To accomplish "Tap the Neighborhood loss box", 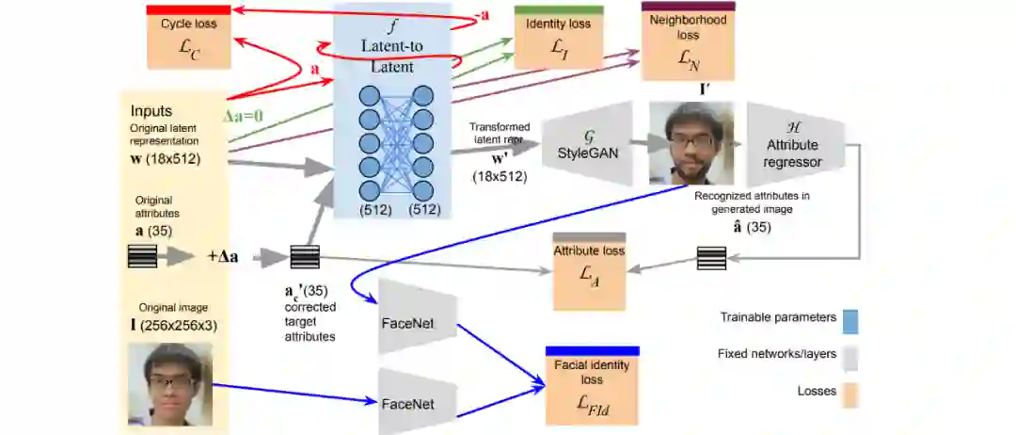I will [687, 43].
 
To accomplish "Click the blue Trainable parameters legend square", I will [851, 320].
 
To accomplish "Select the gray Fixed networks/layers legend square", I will [851, 356].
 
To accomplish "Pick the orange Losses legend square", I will [851, 392].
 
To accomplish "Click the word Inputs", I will [152, 110].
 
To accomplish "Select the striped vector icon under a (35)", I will [142, 256].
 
